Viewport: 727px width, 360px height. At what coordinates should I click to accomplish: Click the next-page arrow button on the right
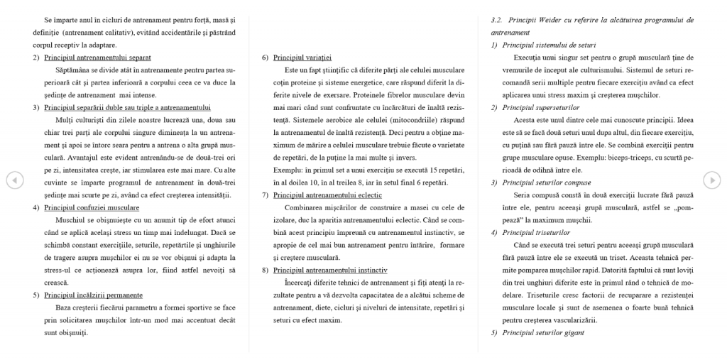711,180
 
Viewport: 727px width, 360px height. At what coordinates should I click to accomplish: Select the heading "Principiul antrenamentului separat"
97,57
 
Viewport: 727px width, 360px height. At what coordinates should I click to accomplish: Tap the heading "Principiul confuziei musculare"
92,207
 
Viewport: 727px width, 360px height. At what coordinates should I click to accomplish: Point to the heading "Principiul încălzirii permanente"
93,295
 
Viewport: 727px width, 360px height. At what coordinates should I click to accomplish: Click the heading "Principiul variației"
302,57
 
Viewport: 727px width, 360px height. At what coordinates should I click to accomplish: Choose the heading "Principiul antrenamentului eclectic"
327,195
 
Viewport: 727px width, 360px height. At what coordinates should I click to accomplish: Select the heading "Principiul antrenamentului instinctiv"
330,270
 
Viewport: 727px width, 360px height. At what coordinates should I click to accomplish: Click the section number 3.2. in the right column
496,20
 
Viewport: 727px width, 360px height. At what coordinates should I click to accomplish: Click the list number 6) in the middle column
265,57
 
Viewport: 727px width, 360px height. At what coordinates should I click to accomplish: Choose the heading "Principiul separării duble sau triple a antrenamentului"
127,107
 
